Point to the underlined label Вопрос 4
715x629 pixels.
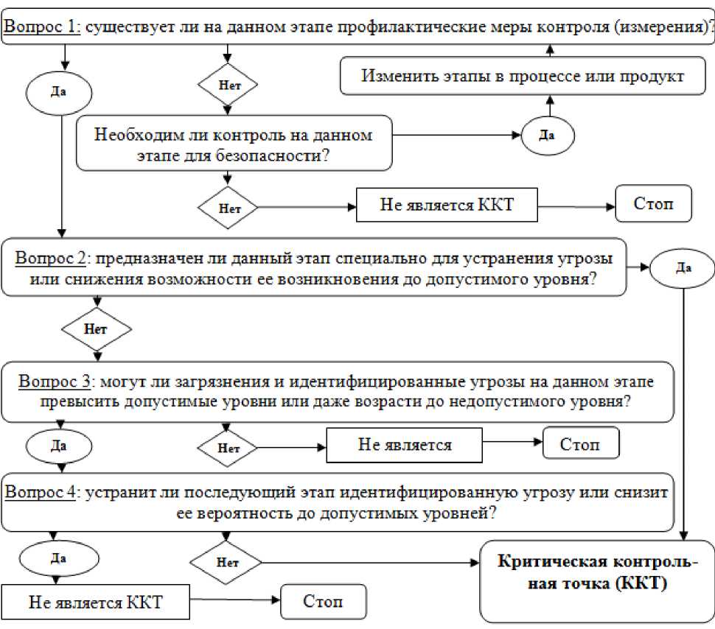41,492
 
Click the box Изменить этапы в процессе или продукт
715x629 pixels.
523,76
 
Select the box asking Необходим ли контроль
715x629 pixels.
234,145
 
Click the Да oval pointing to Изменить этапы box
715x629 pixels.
548,135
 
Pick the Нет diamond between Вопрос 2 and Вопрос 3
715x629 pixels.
96,328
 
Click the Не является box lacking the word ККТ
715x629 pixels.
405,445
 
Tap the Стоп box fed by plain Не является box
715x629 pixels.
580,445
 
